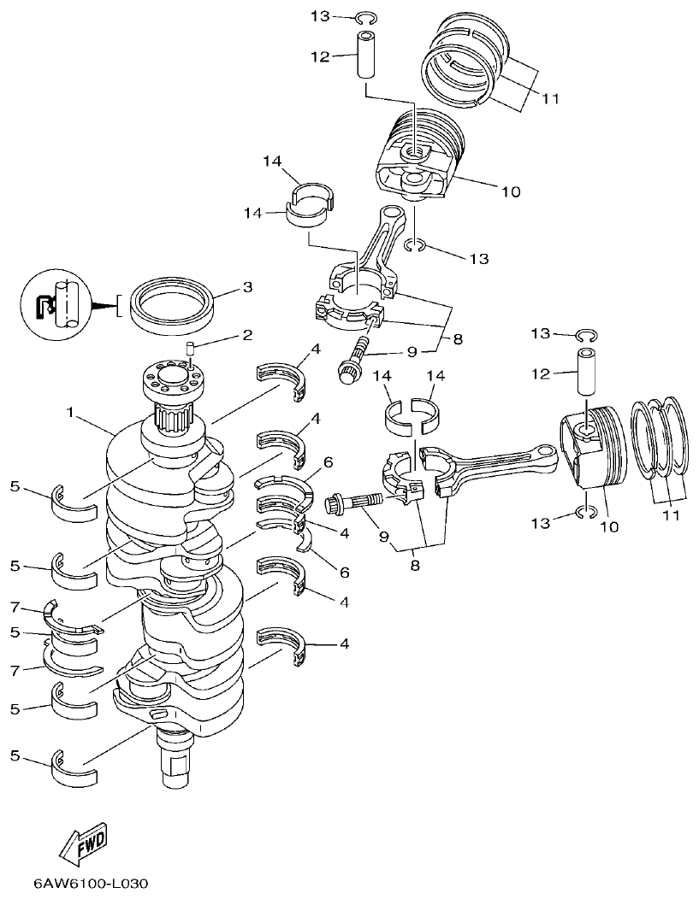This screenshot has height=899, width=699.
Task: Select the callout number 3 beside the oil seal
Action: click(247, 288)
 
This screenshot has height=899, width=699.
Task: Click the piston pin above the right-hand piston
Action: click(586, 371)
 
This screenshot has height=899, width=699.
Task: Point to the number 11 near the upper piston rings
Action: click(549, 98)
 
